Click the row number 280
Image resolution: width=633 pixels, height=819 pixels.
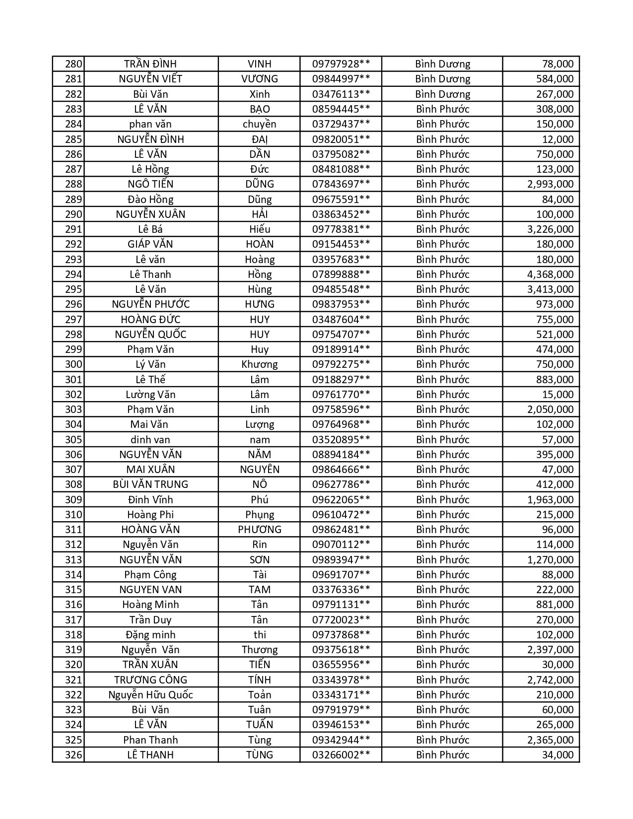[x=73, y=64]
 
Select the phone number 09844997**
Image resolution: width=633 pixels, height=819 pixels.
[x=341, y=79]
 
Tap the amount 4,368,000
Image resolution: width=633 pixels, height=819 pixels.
[x=550, y=274]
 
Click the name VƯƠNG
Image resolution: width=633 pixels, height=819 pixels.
[x=259, y=79]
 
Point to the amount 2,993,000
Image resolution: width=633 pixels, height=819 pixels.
[x=550, y=184]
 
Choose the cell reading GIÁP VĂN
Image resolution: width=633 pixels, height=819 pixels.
[x=150, y=244]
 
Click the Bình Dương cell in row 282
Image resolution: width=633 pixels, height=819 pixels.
[x=442, y=94]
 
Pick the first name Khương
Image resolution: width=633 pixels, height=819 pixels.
[x=259, y=364]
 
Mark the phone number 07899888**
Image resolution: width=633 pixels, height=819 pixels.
[x=341, y=274]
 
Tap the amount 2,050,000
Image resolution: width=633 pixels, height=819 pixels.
[x=550, y=409]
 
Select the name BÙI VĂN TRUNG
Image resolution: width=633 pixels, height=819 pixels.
[x=150, y=484]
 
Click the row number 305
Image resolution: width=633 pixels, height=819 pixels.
[x=73, y=440]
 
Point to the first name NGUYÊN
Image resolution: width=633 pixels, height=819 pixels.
[x=259, y=470]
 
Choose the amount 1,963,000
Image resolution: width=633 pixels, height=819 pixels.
[x=550, y=500]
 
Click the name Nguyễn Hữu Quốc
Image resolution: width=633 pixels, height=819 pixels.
[x=150, y=695]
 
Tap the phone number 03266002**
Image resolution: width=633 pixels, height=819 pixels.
[x=341, y=755]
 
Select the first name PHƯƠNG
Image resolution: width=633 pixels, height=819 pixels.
[x=259, y=530]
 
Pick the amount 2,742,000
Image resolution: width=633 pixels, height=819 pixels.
[x=550, y=680]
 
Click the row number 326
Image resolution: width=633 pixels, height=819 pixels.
[x=73, y=755]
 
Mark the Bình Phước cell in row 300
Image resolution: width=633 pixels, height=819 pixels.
[x=442, y=364]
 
